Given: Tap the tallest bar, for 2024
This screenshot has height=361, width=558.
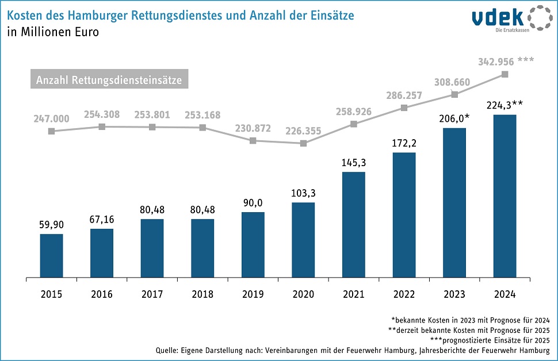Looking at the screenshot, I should [505, 195].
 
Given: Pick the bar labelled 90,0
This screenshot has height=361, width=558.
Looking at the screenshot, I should [253, 244].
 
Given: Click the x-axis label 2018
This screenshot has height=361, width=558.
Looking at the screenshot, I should [202, 294].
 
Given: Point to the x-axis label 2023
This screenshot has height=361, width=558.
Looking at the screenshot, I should [454, 294].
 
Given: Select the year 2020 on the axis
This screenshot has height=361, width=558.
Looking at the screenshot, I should [303, 294].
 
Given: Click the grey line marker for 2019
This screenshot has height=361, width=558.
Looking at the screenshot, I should [253, 140].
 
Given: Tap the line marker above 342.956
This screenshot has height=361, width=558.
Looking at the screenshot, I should [505, 74].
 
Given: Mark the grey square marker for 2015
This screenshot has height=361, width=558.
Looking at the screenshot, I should [51, 131].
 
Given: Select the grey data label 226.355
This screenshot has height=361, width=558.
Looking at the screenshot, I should [303, 130].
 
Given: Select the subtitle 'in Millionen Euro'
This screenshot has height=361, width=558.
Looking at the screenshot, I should [53, 32].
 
